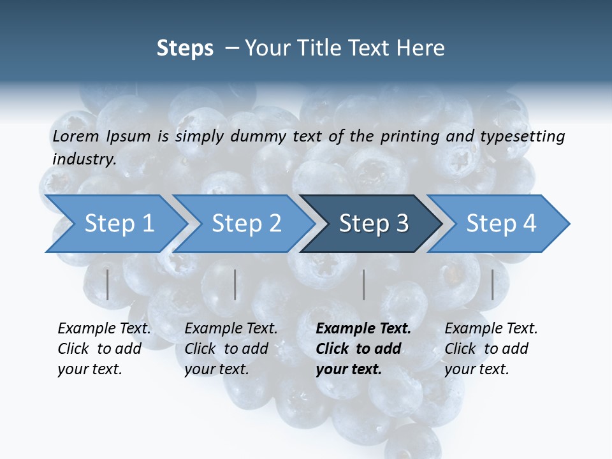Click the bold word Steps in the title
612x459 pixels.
click(x=185, y=48)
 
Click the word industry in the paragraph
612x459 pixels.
click(x=84, y=159)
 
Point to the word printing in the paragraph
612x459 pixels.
click(x=410, y=136)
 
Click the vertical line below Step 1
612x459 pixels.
click(x=108, y=284)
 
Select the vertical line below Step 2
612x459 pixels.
click(x=235, y=284)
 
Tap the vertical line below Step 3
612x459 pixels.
click(x=364, y=284)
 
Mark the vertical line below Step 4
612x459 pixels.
click(x=493, y=284)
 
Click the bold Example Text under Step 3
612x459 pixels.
click(x=363, y=328)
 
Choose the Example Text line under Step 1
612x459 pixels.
click(x=104, y=328)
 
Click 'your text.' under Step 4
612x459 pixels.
click(x=476, y=369)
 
